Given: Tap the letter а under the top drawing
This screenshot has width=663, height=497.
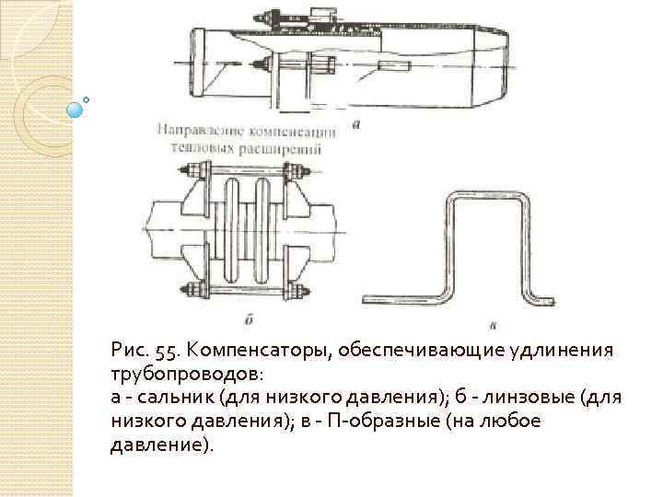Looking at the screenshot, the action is (x=355, y=120).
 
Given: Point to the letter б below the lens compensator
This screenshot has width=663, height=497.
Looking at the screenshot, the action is (x=250, y=320).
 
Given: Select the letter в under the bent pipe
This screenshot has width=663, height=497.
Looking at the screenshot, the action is (x=494, y=323).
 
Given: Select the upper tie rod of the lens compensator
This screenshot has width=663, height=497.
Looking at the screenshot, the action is (x=246, y=171).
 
